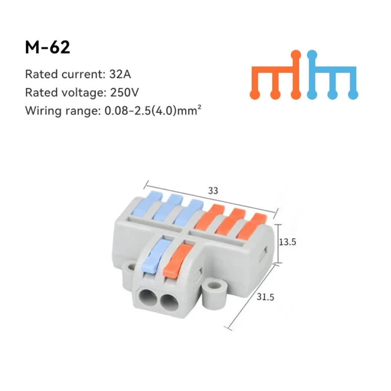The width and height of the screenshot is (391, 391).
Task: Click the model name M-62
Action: point(47,47)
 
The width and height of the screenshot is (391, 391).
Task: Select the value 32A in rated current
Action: point(120,74)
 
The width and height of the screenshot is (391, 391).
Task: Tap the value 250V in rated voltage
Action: point(124,93)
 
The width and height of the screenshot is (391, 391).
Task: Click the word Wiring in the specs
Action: point(43,111)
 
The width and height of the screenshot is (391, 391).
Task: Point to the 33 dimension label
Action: point(213,191)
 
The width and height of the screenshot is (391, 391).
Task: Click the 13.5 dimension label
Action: point(287,242)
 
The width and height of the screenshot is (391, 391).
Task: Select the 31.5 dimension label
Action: point(265,297)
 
